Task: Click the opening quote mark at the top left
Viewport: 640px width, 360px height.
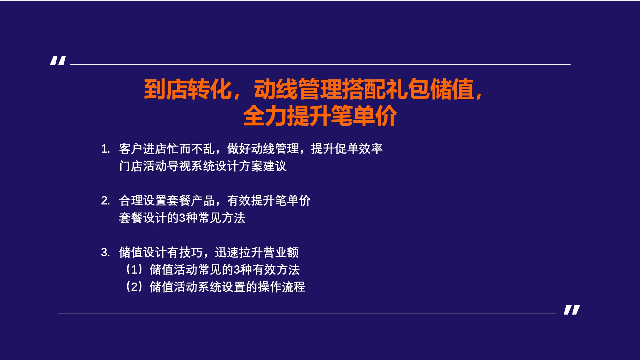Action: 58,60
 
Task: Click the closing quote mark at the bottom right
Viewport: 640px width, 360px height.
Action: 572,310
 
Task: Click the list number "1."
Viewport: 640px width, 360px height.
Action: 106,149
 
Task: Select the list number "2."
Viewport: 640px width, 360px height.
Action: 106,201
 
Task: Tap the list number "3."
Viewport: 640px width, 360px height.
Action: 106,252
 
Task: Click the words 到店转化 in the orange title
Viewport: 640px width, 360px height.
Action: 188,89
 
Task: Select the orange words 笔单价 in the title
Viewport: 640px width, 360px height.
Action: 364,116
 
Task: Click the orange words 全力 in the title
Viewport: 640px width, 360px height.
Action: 265,116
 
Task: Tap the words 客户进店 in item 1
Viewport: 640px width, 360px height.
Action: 143,149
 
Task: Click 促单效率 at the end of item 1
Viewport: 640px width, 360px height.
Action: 359,149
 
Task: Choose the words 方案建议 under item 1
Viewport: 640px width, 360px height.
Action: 263,166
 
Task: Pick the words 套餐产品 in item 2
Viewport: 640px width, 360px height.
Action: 191,201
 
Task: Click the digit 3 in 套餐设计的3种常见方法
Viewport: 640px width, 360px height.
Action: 182,218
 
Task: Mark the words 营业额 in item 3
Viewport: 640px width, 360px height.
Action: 281,252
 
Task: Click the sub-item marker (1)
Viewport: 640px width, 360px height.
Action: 134,269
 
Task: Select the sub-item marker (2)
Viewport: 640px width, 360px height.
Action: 134,287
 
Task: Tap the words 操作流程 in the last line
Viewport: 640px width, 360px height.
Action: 281,287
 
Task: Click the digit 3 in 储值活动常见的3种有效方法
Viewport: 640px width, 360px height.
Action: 237,270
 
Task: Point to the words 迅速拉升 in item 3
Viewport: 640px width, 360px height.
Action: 239,252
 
